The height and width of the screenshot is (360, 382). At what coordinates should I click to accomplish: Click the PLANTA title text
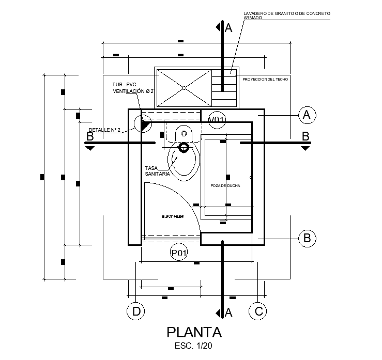pyautogui.click(x=194, y=332)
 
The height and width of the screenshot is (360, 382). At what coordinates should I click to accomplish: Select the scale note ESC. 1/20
pyautogui.click(x=194, y=346)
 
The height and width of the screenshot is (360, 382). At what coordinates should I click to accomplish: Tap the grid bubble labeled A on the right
pyautogui.click(x=307, y=115)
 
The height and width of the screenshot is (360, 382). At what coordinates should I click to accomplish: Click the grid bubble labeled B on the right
pyautogui.click(x=307, y=238)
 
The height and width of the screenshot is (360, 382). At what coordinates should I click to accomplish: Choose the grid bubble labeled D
pyautogui.click(x=136, y=311)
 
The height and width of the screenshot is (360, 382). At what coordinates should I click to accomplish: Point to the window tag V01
pyautogui.click(x=217, y=120)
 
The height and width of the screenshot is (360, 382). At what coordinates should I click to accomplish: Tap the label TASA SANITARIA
pyautogui.click(x=158, y=171)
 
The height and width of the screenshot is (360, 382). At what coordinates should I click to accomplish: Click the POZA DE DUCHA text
pyautogui.click(x=225, y=185)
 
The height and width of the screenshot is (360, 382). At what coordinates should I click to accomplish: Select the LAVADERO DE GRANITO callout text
pyautogui.click(x=287, y=15)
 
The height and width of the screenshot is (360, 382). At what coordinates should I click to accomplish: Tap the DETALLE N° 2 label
pyautogui.click(x=104, y=130)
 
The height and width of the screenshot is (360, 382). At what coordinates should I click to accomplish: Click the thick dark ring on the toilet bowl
pyautogui.click(x=184, y=148)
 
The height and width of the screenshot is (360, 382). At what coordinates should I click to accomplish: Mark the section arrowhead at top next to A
pyautogui.click(x=220, y=27)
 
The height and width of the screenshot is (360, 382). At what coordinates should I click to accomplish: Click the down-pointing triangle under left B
pyautogui.click(x=90, y=148)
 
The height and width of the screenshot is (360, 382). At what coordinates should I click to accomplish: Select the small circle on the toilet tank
pyautogui.click(x=184, y=134)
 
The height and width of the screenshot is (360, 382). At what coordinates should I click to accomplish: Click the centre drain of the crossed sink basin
pyautogui.click(x=184, y=88)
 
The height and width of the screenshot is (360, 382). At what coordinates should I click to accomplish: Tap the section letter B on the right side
pyautogui.click(x=305, y=136)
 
